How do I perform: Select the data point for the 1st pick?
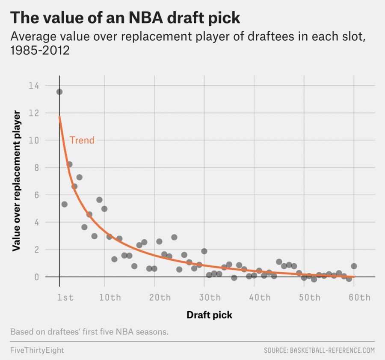(59, 92)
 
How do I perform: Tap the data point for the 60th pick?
(354, 266)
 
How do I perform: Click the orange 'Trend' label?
(82, 140)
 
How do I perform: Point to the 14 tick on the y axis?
(33, 86)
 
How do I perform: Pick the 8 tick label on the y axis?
(36, 167)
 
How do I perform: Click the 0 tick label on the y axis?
(36, 277)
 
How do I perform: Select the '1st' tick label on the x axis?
(65, 298)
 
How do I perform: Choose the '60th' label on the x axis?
(359, 298)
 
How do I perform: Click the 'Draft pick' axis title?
(209, 315)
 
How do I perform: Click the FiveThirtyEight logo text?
(37, 350)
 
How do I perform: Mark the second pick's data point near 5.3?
(65, 204)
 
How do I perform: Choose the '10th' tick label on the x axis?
(110, 298)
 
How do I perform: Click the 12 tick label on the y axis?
(33, 113)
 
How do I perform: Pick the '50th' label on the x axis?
(309, 298)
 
